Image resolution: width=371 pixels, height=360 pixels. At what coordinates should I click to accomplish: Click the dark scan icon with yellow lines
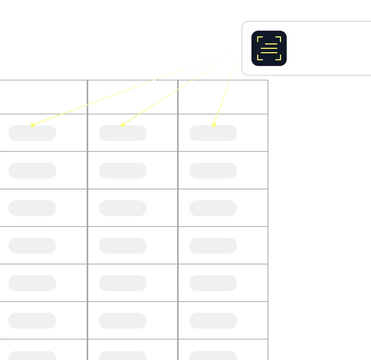point(269,48)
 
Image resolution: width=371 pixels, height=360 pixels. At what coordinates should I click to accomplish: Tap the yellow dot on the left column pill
point(32,125)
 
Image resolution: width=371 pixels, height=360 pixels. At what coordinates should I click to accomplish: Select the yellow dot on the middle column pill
point(122,125)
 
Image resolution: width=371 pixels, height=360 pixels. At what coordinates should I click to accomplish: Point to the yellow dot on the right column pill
point(214,124)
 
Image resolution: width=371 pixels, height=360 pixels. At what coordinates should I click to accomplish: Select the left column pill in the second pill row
point(33,171)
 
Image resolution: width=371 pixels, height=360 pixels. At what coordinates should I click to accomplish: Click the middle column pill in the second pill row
point(122,171)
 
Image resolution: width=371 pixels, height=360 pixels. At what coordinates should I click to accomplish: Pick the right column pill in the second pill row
point(214,171)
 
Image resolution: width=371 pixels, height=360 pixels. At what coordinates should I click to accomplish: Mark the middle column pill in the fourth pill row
point(122,246)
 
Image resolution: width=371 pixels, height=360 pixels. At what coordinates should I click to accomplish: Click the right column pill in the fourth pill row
point(214,246)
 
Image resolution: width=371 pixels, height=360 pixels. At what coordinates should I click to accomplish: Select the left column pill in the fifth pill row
point(33,282)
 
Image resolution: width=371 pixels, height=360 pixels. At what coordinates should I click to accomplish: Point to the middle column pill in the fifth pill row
point(122,282)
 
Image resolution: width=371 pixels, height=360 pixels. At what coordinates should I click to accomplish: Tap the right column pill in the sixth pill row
point(214,321)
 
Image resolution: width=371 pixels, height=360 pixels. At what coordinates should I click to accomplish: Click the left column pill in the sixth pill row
point(33,321)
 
